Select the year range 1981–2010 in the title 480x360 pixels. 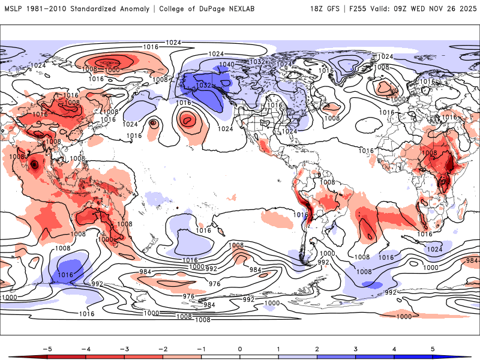pos(51,9)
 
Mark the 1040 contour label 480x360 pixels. pos(227,64)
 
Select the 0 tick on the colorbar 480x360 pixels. pos(240,348)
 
